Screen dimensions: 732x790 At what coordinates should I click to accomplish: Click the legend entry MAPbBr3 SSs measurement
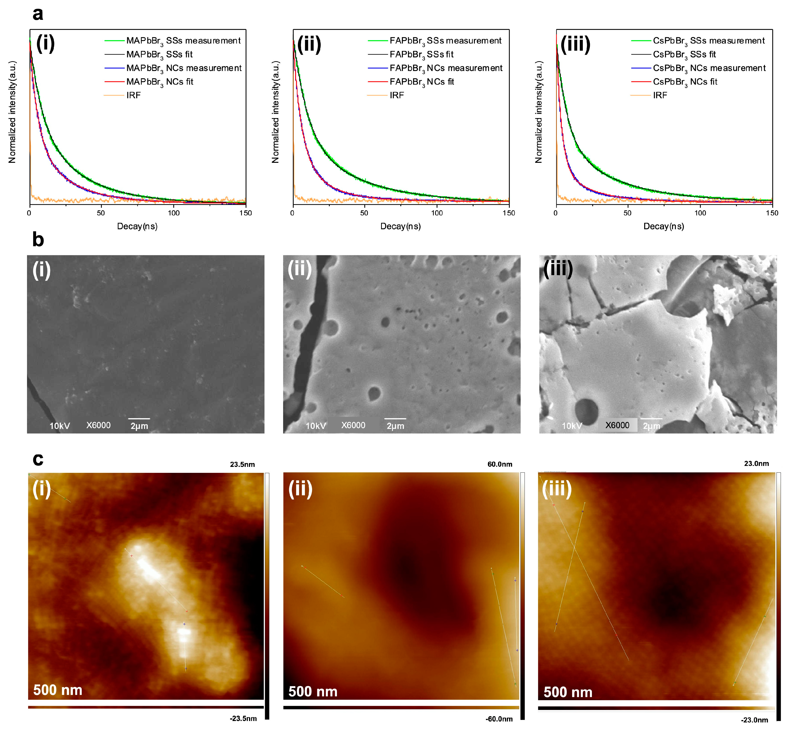point(183,41)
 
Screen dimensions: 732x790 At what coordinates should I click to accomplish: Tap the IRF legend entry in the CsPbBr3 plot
point(660,95)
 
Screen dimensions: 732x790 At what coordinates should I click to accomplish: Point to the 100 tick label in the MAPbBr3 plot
point(173,213)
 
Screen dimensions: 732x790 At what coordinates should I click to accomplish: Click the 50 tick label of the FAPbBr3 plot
point(364,213)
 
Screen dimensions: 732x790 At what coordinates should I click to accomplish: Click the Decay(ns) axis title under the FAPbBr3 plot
point(400,226)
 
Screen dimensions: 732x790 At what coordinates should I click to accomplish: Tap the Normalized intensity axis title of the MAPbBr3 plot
point(12,112)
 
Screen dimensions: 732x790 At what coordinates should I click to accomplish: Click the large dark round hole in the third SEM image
point(586,410)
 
